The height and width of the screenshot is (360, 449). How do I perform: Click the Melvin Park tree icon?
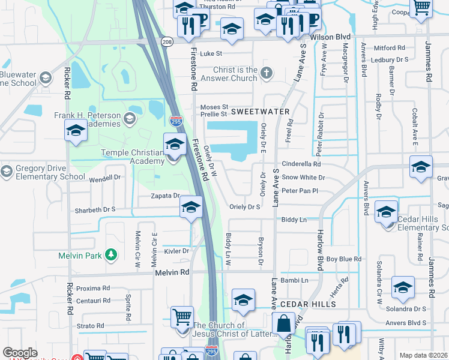(110, 255)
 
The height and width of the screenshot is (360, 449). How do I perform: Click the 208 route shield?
(167, 41)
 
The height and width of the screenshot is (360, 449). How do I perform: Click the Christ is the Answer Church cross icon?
(267, 73)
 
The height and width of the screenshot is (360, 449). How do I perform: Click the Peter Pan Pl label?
(299, 191)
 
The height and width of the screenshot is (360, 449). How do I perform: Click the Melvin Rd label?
(172, 272)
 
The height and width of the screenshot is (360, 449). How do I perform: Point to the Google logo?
(20, 353)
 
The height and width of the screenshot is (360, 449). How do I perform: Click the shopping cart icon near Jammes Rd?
(422, 7)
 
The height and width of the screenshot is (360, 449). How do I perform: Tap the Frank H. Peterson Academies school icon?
(129, 119)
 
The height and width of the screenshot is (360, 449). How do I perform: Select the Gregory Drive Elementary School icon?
(6, 172)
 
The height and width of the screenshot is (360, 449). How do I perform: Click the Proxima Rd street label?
(93, 288)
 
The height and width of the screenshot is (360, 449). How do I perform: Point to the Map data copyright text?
(423, 355)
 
